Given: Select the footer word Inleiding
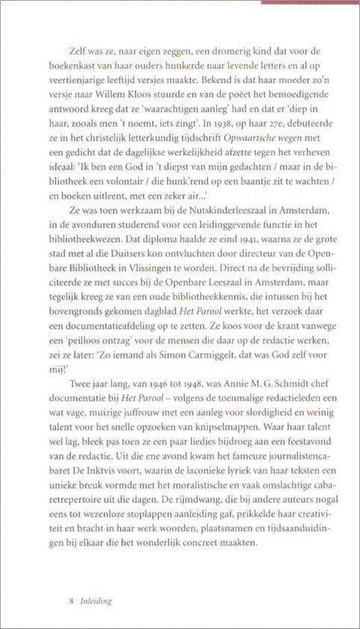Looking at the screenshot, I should [x=97, y=601].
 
